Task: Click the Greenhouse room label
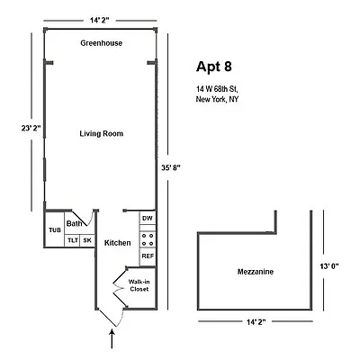(101, 43)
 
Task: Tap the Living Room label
(102, 133)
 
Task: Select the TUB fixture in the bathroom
(55, 229)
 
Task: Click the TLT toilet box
(73, 240)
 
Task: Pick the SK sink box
(87, 240)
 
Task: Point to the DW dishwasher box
(148, 218)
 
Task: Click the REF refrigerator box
(148, 256)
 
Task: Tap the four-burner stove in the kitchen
(148, 239)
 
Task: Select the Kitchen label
(117, 243)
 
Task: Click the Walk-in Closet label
(139, 285)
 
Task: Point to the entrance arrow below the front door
(112, 339)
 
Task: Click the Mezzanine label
(256, 272)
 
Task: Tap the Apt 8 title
(214, 67)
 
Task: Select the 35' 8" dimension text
(171, 168)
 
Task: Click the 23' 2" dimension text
(31, 128)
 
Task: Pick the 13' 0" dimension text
(328, 265)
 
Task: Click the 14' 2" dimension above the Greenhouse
(99, 21)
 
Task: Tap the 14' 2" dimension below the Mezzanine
(256, 322)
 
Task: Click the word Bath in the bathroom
(74, 223)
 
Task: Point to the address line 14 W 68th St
(217, 89)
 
